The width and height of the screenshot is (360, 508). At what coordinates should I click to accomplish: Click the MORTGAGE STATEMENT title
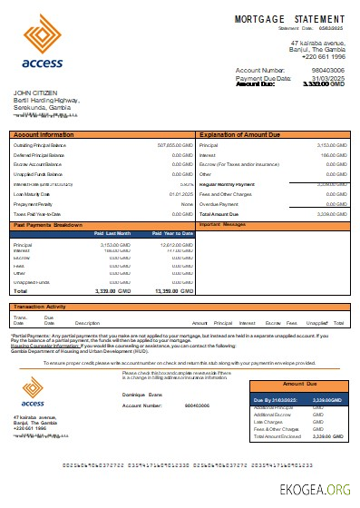click(x=289, y=18)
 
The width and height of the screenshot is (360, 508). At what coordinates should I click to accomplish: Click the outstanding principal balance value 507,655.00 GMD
click(x=174, y=144)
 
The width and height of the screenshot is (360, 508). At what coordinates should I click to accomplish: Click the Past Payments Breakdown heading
click(x=47, y=222)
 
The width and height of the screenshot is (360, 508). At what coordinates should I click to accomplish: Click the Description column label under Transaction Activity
click(x=87, y=322)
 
